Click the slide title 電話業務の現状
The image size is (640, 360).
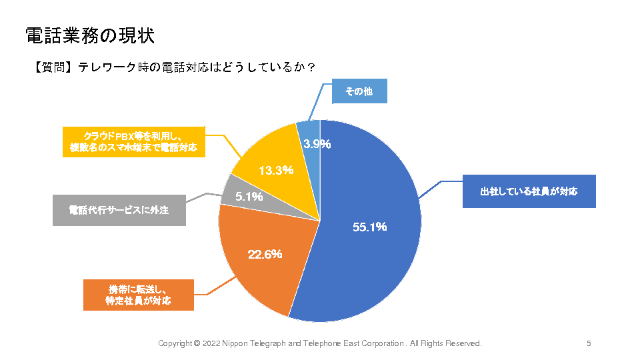[90, 35]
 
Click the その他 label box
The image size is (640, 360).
[359, 92]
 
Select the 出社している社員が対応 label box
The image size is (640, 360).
[529, 191]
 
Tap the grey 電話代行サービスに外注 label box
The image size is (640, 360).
[119, 210]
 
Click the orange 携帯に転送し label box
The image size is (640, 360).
[138, 295]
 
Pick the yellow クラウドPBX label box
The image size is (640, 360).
[133, 141]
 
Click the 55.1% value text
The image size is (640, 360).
[369, 227]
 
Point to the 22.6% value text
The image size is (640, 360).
[265, 253]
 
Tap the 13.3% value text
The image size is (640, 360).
[276, 170]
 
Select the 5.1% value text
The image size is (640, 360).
[249, 197]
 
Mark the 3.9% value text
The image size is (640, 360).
[317, 143]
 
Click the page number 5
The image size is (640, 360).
[589, 343]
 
